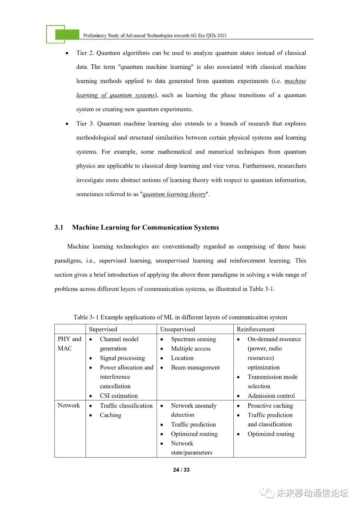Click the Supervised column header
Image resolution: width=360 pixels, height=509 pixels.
103,329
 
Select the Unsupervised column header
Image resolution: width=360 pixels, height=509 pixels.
177,329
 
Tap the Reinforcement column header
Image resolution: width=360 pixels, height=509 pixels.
256,329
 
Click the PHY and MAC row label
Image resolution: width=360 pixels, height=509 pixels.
69,344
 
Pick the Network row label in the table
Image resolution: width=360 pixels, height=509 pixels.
69,405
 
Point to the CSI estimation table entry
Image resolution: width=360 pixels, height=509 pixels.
119,396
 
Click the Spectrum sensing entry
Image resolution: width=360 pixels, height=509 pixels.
193,339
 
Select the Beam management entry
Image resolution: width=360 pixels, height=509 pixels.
195,368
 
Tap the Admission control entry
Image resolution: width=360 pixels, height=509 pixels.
271,396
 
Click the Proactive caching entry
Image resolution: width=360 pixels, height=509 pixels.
270,406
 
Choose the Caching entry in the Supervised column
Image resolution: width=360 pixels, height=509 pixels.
110,415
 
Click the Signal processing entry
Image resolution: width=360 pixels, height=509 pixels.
122,358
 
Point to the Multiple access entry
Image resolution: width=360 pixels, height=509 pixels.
191,349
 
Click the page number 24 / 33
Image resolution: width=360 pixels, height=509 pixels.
181,470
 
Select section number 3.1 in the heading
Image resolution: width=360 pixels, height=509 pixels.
59,227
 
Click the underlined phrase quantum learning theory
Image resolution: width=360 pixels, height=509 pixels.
174,194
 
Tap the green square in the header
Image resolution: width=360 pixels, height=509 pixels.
67,34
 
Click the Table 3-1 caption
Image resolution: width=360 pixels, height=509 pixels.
180,317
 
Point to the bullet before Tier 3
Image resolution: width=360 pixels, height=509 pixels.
67,124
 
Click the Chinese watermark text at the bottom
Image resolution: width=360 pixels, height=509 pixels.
312,493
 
